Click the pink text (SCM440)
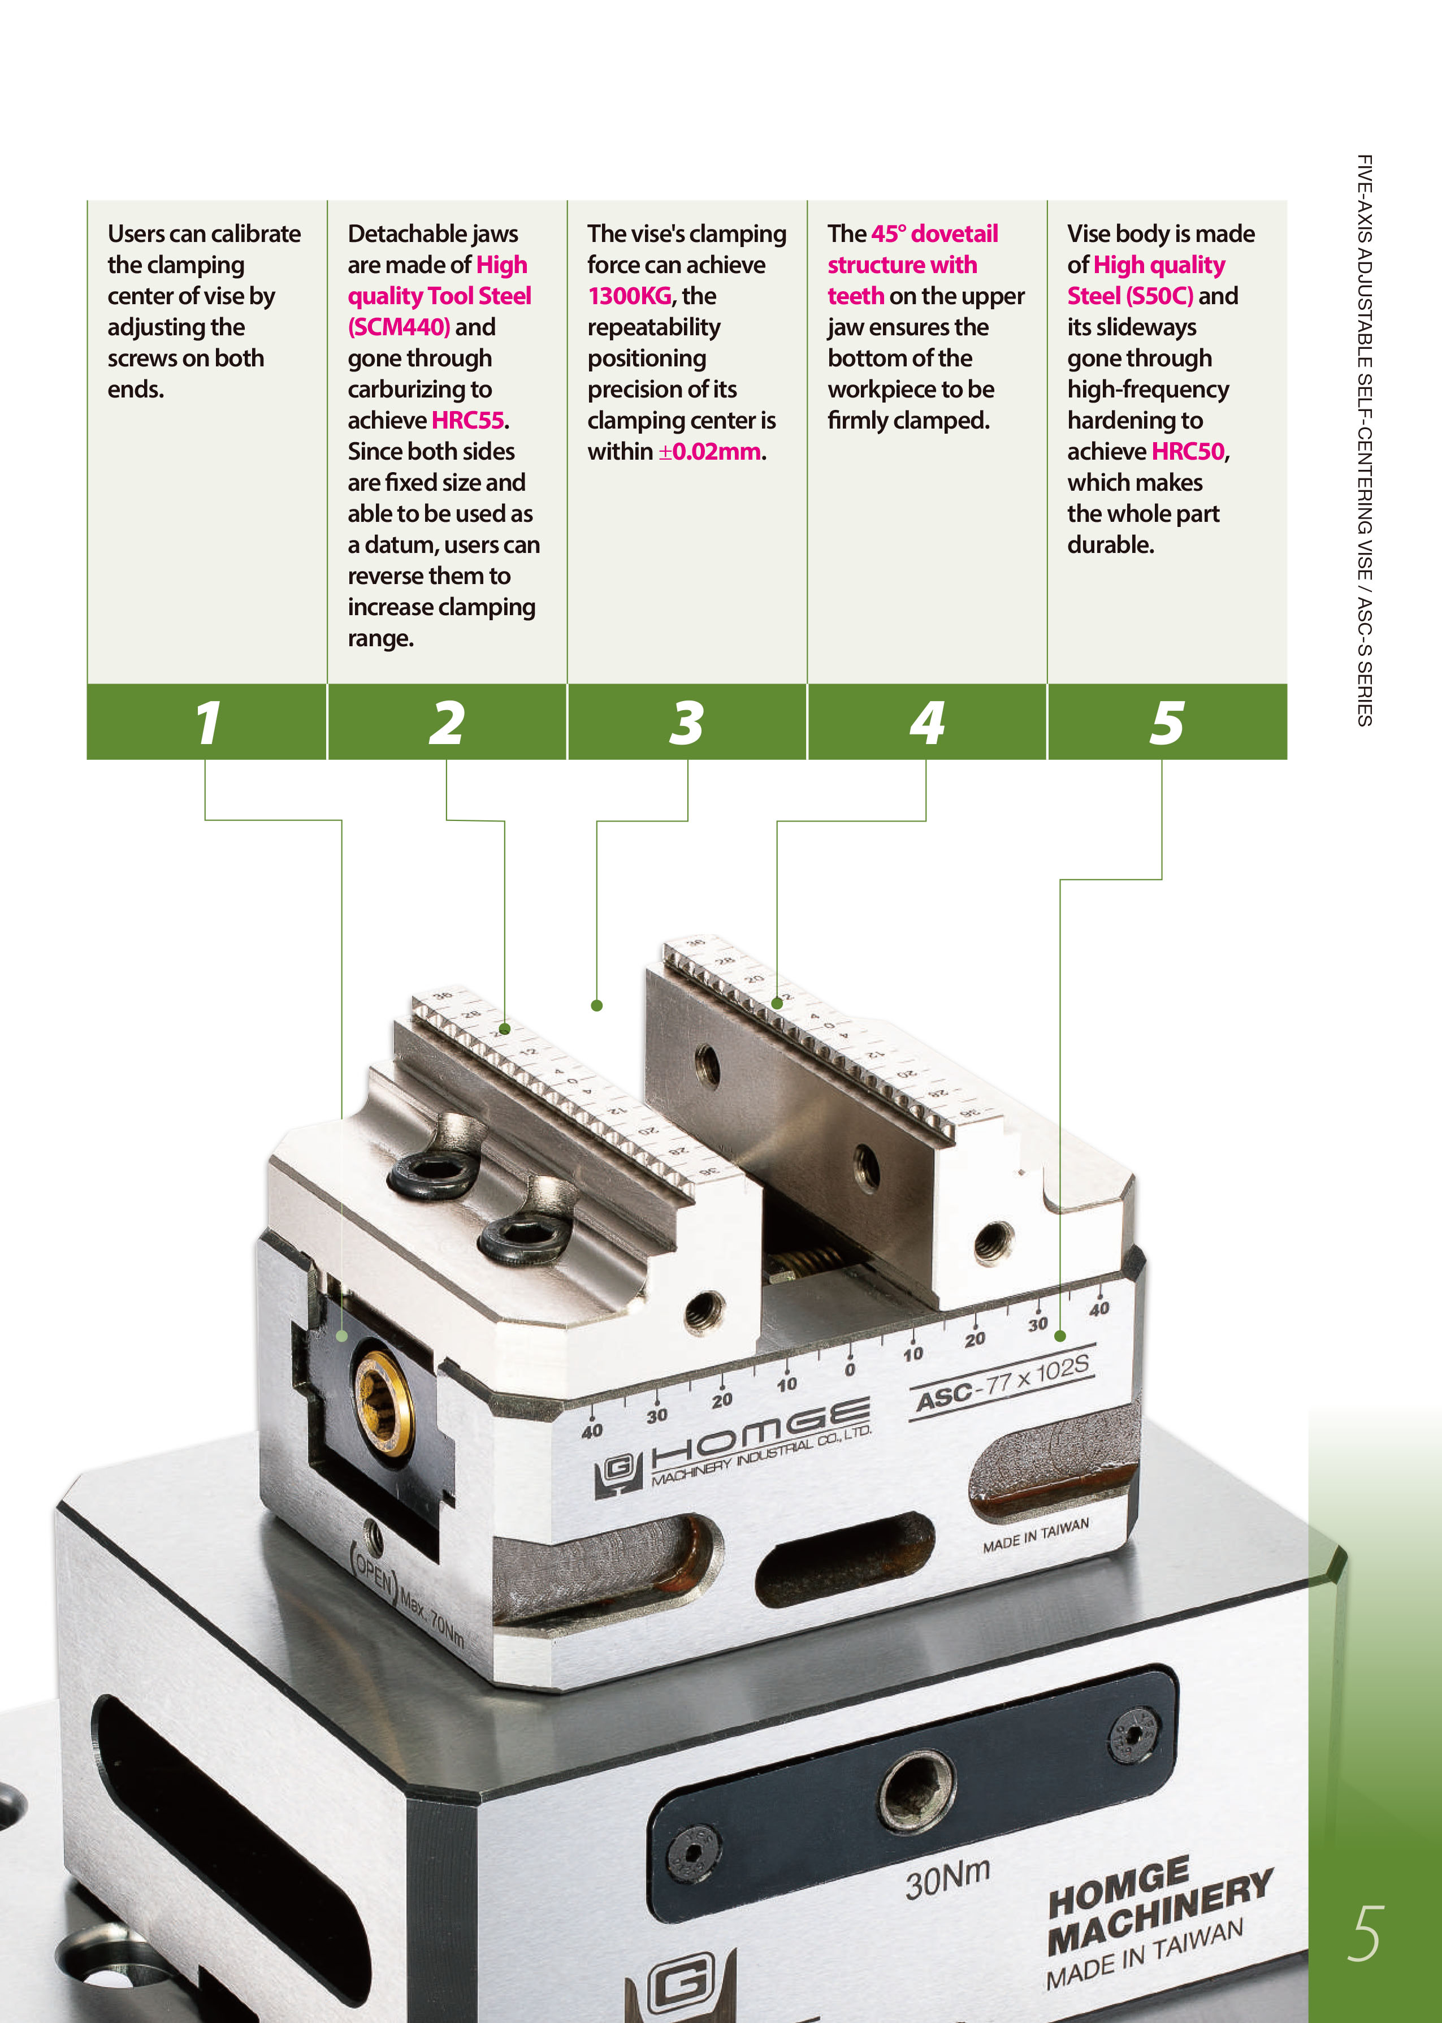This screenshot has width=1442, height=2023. point(399,327)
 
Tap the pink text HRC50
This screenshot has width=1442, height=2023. point(1188,451)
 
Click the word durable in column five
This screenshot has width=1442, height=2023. point(1110,544)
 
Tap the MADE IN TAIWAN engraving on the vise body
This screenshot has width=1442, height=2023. point(1036,1536)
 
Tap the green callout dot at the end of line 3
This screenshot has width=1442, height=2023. point(597,1005)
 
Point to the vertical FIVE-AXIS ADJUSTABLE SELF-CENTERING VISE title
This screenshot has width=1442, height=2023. point(1365,439)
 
